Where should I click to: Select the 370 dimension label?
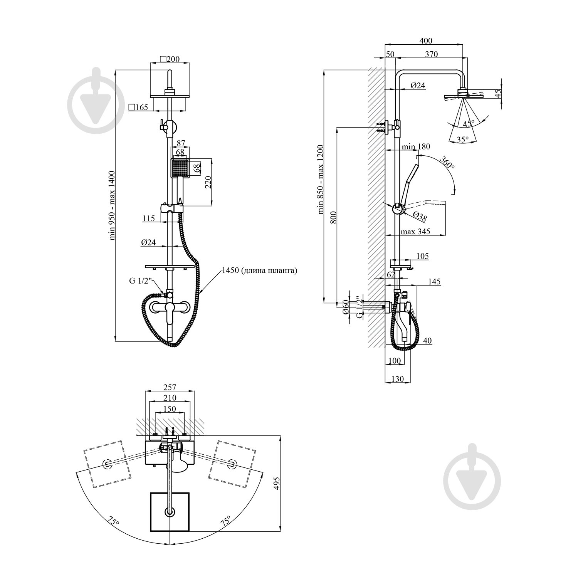[432, 54]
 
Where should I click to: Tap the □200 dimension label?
[170, 59]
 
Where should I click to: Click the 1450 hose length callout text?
[259, 271]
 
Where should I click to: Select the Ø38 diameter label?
[420, 217]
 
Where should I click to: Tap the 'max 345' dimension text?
[415, 232]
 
